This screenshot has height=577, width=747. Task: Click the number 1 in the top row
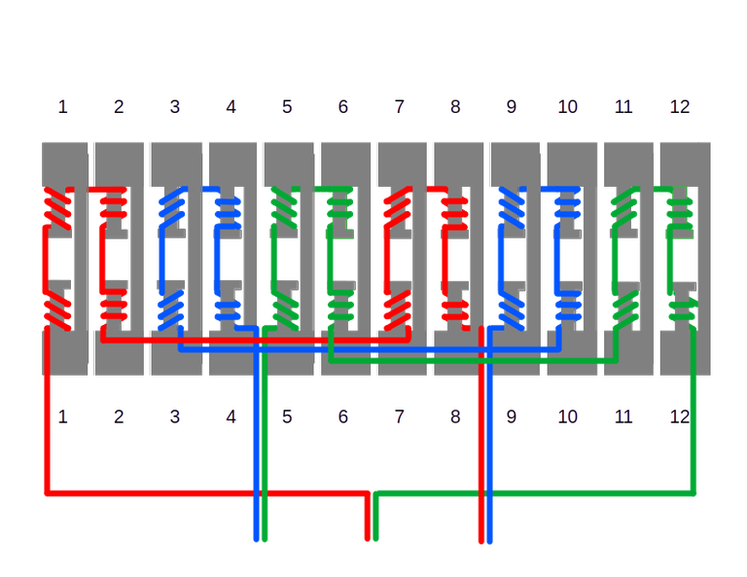click(62, 106)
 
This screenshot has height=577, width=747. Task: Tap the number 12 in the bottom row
click(680, 417)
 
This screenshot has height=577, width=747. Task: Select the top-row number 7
click(399, 106)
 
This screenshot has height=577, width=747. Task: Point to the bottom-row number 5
click(287, 417)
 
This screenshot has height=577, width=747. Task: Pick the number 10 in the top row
click(567, 106)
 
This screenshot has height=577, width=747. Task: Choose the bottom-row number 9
click(512, 417)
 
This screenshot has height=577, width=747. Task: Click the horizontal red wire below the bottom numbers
click(195, 493)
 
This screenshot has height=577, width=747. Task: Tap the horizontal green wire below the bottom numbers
click(535, 493)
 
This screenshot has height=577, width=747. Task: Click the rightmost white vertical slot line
click(715, 263)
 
